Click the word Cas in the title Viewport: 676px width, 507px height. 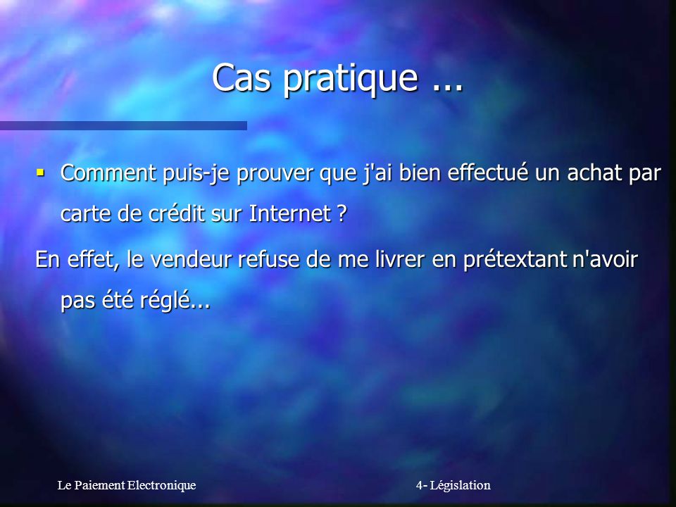coord(242,77)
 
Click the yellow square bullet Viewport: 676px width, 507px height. coord(41,173)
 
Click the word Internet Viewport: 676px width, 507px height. coord(290,213)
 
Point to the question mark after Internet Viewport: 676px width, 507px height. coord(342,213)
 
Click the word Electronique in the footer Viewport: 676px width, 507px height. coord(161,485)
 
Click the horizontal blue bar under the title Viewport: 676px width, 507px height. coord(123,125)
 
